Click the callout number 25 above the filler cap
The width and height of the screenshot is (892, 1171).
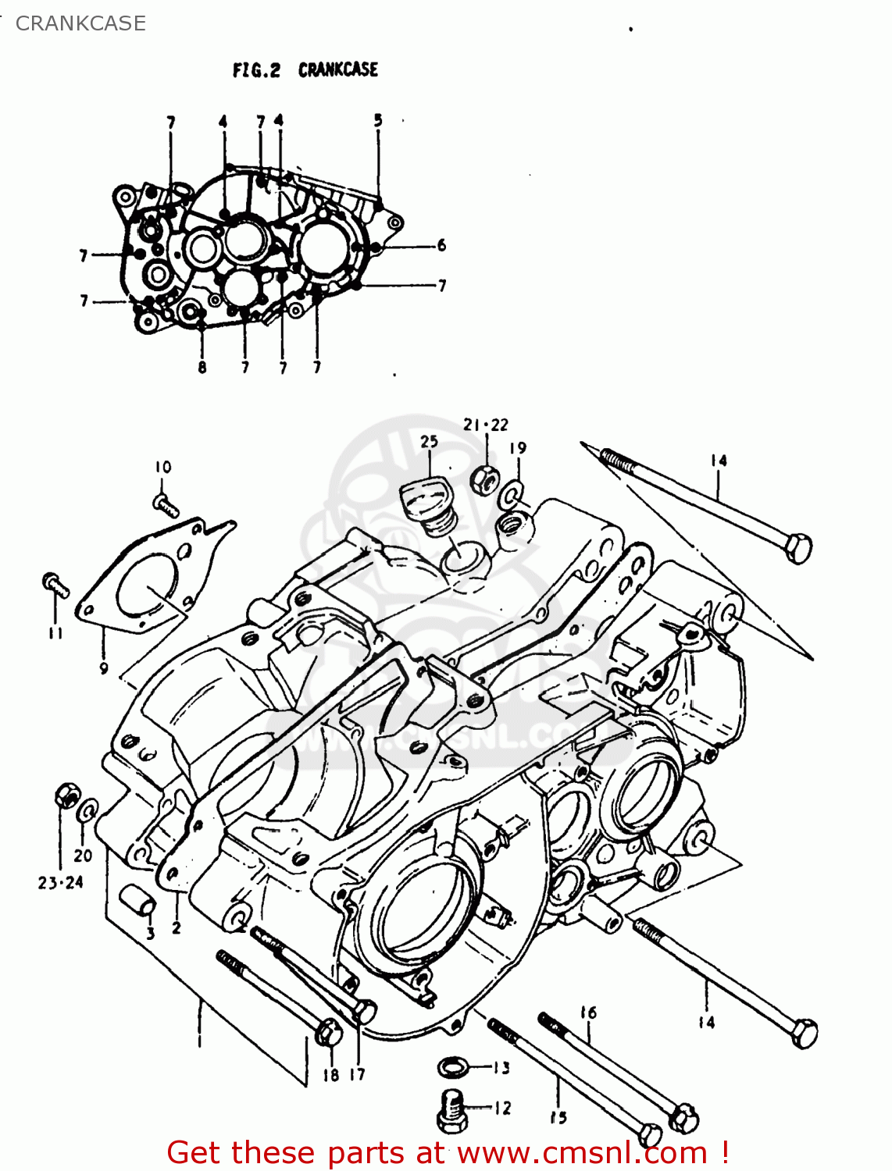coord(430,442)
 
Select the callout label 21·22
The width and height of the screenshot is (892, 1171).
coord(485,425)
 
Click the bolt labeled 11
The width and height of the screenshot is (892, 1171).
coord(54,584)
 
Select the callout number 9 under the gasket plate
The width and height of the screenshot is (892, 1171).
coord(104,668)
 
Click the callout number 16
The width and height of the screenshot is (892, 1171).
coord(588,1013)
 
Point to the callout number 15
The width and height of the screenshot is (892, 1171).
coord(558,1117)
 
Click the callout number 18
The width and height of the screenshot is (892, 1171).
coord(331,1075)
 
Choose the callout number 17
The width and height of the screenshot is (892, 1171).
coord(357,1075)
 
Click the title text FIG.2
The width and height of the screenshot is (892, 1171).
coord(256,70)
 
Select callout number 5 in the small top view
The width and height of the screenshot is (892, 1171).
coord(378,120)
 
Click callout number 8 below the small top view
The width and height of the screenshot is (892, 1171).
coord(202,367)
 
